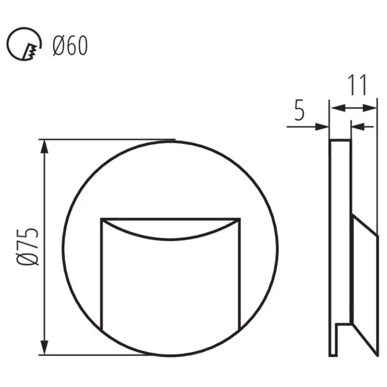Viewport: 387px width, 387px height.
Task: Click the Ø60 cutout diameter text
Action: tap(70, 46)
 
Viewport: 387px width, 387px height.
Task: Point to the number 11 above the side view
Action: tap(357, 85)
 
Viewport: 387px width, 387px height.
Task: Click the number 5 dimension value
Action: tap(299, 111)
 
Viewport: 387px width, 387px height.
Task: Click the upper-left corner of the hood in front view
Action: tap(101, 219)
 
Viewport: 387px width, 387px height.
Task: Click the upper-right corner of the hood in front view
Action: tap(239, 219)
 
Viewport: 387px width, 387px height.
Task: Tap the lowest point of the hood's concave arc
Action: tap(170, 239)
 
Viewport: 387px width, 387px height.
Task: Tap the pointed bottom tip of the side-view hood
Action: tap(377, 354)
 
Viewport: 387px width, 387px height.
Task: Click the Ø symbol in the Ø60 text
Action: tap(57, 46)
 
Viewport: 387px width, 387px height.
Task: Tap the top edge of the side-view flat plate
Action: tap(340, 141)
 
